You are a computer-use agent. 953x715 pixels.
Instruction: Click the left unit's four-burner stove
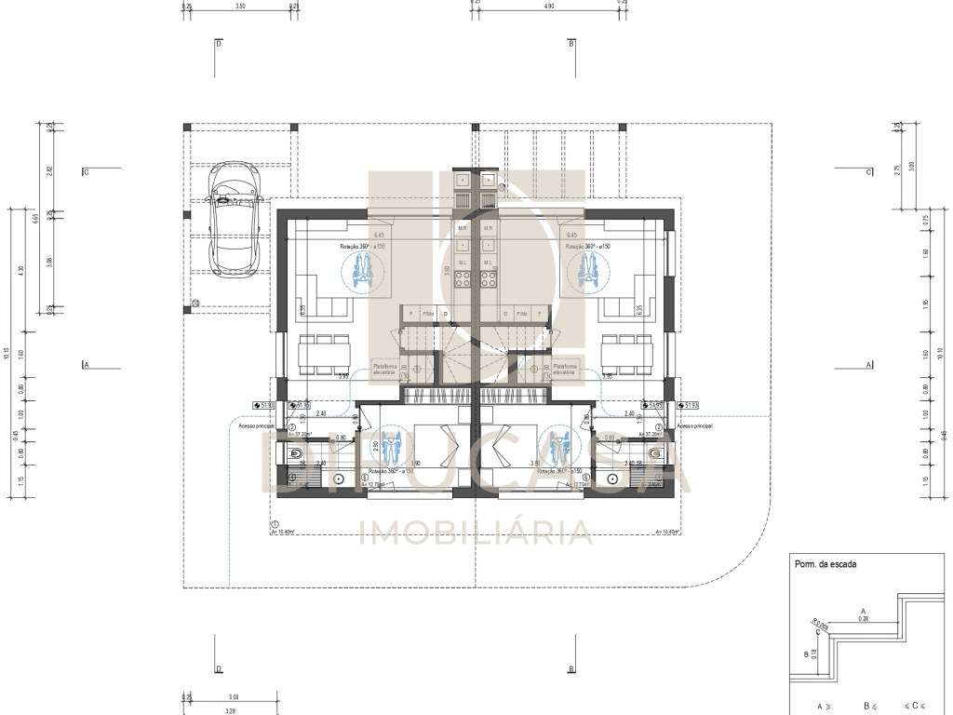pos(463,277)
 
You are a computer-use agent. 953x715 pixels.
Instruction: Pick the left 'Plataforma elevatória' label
pos(385,370)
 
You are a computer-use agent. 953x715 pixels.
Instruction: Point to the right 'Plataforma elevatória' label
pos(566,370)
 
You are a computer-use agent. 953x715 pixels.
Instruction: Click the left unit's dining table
pos(325,354)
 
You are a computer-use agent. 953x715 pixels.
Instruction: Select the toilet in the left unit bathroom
pos(296,454)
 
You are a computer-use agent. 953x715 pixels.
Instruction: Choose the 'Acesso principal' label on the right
pos(694,425)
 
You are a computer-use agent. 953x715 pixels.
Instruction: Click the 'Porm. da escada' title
pos(825,564)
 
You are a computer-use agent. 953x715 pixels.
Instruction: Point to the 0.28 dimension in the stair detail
pos(863,618)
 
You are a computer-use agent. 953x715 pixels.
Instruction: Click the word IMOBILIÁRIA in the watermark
pos(476,532)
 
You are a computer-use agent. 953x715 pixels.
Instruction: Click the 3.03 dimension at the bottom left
pos(232,696)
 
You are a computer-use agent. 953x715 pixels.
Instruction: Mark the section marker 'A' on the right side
pos(868,366)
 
